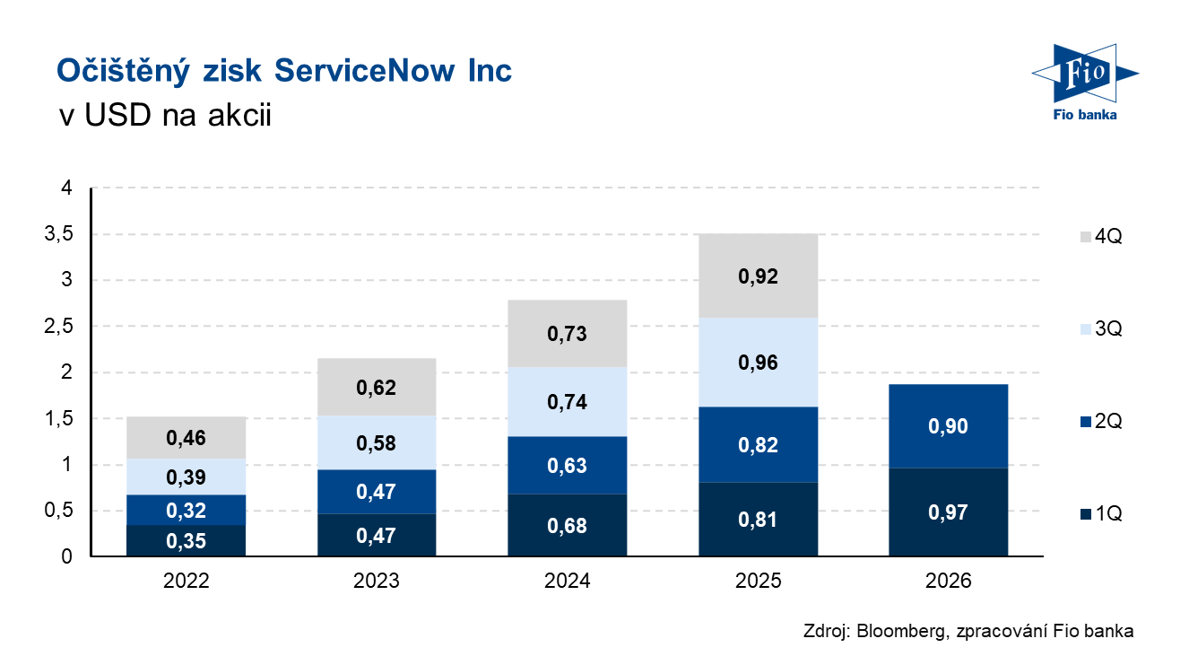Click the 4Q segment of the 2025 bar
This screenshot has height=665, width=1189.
point(758,276)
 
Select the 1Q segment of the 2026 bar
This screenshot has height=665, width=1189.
point(949,512)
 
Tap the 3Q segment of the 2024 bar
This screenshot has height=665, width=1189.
point(568,401)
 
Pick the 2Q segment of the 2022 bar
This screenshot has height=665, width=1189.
point(186,510)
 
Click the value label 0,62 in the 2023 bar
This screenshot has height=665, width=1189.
point(376,388)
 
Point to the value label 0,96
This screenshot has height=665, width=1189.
point(758,363)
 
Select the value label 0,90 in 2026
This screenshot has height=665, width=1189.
point(948,426)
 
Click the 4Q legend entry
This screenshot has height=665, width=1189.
point(1101,236)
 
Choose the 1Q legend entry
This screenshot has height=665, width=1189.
point(1101,513)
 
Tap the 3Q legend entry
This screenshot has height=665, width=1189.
point(1101,328)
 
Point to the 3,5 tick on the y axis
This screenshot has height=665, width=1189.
point(58,233)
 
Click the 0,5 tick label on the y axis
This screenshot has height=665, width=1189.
point(58,511)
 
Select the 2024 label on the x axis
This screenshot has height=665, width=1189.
point(567,581)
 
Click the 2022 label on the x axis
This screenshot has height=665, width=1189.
point(186,581)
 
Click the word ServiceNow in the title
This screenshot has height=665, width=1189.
point(365,70)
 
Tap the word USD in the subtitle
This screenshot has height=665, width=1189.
point(117,115)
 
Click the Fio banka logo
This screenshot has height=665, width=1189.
point(1085,82)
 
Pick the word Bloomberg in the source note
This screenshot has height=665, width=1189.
point(901,631)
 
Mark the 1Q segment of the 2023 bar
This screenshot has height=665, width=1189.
point(377,535)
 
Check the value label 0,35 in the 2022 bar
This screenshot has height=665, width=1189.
point(186,541)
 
